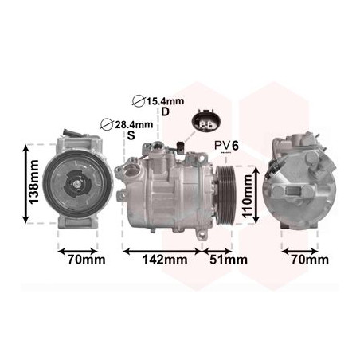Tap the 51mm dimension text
227,260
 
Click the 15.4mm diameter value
165,101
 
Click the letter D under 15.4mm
166,112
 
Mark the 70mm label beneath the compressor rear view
307,260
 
